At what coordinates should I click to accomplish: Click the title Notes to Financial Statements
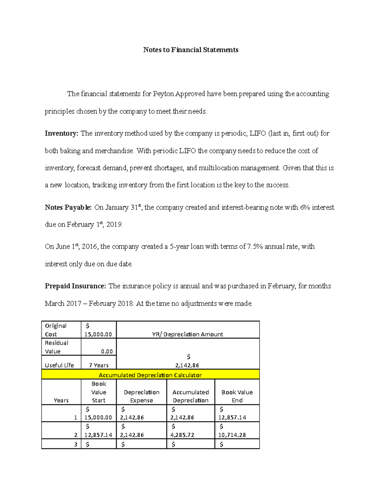191,50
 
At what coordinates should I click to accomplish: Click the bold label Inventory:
61,133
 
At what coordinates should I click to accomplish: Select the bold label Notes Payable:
68,208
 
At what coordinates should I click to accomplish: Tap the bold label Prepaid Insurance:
75,286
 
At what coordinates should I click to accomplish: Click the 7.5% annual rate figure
255,247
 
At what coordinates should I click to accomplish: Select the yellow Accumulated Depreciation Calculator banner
150,375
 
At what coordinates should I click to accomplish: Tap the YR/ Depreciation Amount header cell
187,334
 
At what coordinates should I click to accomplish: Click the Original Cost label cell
56,330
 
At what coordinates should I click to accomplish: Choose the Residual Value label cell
57,347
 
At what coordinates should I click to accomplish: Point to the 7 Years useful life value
99,365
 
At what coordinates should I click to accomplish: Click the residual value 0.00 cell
107,351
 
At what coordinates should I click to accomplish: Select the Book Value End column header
237,396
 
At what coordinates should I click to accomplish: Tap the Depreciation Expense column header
142,396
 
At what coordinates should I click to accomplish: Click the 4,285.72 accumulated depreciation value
182,435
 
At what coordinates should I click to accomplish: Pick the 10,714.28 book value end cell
232,435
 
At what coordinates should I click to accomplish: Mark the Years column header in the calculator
61,400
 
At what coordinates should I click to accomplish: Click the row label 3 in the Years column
75,444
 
